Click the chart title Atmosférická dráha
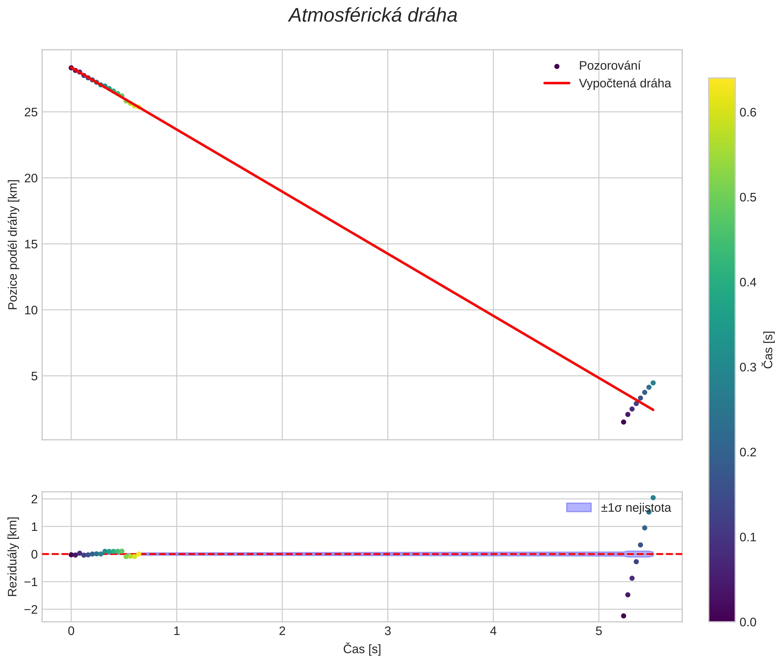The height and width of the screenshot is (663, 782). pos(373,16)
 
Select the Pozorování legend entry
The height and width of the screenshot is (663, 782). pos(609,66)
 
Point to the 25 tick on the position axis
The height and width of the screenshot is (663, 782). pos(31,112)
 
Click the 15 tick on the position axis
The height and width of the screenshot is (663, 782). pos(31,244)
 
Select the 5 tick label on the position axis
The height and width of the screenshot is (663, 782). pos(35,376)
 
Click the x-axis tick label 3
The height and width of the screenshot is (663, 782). pos(388,631)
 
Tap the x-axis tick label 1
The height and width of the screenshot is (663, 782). pos(177,631)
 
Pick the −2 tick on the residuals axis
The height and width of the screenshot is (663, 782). pos(31,609)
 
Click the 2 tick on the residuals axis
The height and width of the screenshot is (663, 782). pos(35,499)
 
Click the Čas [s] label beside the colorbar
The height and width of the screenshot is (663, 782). pos(768,350)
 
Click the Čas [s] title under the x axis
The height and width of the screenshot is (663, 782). pos(362,649)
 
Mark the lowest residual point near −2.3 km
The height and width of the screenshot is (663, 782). pos(623,616)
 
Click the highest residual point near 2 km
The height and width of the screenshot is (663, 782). pos(653,498)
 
